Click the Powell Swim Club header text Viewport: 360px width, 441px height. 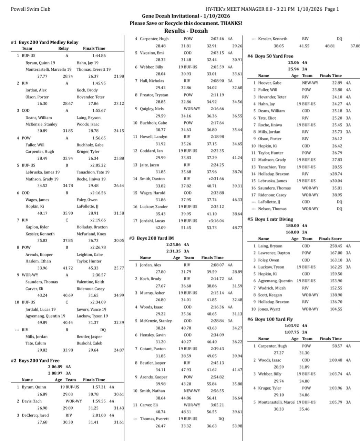click(x=31, y=9)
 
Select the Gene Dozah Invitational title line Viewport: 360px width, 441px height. click(x=186, y=16)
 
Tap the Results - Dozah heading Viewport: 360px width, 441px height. click(x=186, y=31)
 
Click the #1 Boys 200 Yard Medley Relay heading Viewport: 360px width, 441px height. click(x=45, y=42)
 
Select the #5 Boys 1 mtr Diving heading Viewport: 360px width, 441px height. click(x=270, y=219)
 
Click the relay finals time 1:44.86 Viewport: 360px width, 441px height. click(x=99, y=56)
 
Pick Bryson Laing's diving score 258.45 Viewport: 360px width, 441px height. click(x=336, y=246)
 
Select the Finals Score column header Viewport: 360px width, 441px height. click(x=330, y=239)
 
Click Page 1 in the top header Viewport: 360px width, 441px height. click(x=331, y=9)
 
